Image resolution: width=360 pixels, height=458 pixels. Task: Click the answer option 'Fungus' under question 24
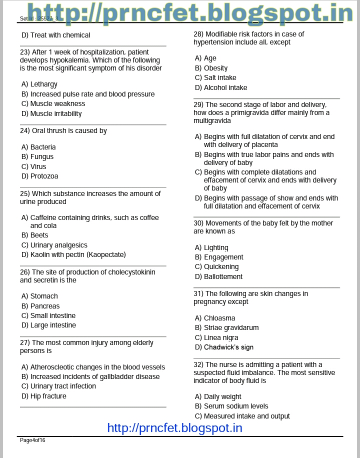(41, 156)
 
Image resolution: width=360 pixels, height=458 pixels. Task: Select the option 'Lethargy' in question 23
(43, 84)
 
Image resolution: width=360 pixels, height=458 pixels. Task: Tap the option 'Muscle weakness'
(57, 103)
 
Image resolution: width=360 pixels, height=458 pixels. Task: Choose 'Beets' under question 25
(39, 235)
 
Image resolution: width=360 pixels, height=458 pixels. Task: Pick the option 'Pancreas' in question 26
(44, 306)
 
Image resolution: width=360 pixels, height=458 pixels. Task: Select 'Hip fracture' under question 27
(48, 396)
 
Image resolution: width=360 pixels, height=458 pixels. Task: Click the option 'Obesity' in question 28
(215, 68)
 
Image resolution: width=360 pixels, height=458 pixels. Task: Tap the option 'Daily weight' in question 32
(222, 396)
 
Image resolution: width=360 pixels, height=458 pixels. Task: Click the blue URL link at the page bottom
(174, 428)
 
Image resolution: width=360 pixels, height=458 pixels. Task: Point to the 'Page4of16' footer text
(32, 440)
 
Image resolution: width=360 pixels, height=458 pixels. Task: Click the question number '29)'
(198, 104)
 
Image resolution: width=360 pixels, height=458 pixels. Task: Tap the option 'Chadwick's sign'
(228, 347)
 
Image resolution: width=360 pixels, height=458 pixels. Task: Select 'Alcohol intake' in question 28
(225, 87)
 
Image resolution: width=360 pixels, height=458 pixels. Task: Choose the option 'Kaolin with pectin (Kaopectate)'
(78, 254)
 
